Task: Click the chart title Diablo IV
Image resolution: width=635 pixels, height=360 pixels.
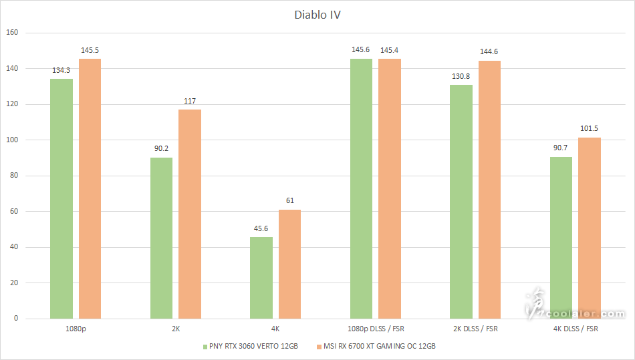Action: click(x=317, y=14)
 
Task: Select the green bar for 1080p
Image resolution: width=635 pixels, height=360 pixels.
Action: click(x=61, y=198)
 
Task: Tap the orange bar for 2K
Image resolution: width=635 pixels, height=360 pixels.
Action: click(x=190, y=214)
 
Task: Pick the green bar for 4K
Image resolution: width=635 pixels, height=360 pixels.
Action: click(x=261, y=278)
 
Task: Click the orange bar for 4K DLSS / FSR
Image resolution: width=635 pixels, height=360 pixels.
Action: click(x=590, y=228)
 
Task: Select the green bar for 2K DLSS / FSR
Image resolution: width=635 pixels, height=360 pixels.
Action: click(x=461, y=202)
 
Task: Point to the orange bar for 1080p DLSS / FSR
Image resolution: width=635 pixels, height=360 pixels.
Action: click(x=390, y=188)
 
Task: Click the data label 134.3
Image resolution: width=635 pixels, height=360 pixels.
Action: click(x=61, y=70)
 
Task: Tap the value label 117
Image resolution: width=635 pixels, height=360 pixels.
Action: click(x=190, y=101)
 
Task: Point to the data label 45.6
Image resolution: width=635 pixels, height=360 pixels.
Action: click(x=261, y=228)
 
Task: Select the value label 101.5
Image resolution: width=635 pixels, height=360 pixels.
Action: click(x=590, y=129)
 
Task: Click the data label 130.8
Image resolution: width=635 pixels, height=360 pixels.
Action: click(x=461, y=76)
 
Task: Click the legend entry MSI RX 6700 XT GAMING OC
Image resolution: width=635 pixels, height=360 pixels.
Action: click(x=378, y=346)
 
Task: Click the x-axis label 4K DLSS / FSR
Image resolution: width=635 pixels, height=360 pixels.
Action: click(x=576, y=329)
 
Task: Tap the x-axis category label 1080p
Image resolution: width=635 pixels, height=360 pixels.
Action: click(x=76, y=329)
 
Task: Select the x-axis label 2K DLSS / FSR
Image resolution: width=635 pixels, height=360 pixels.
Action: click(x=475, y=329)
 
